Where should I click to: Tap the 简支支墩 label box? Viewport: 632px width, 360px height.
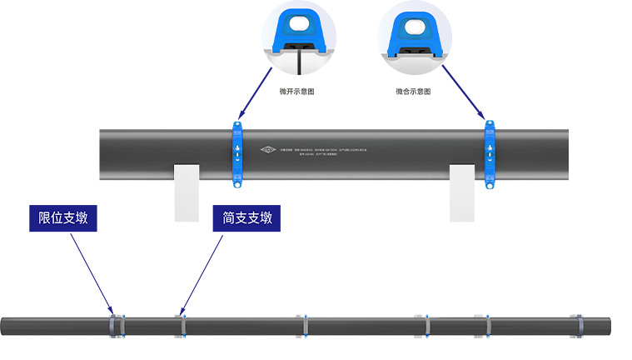247,218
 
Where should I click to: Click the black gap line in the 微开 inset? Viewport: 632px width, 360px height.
299,62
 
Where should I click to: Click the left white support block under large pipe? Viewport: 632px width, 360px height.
187,192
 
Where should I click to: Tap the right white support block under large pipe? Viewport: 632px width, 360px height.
462,192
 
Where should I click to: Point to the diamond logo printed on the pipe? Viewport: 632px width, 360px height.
268,151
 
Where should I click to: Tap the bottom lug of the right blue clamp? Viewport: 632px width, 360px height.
491,184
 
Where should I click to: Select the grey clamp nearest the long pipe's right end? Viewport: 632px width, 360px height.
576,326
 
